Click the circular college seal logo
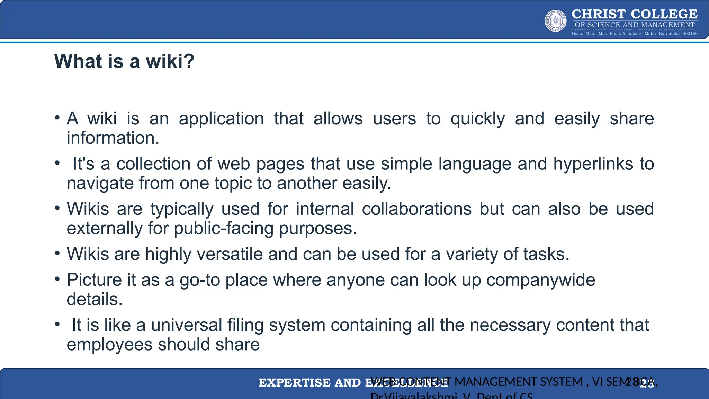556,21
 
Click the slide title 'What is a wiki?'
124,61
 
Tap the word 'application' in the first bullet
221,119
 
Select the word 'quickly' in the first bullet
478,119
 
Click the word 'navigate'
100,183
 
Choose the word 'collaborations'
416,209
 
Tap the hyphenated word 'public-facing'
224,228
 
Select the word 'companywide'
541,280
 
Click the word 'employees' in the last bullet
109,344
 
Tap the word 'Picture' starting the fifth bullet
94,280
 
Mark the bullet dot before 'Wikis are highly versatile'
57,253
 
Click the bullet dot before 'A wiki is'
57,118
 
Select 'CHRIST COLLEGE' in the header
634,14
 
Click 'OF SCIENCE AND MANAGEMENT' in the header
634,25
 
